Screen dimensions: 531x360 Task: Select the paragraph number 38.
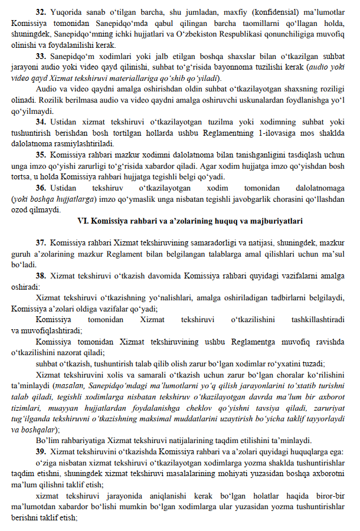[x=41, y=275]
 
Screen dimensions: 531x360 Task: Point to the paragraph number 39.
[x=41, y=451]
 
